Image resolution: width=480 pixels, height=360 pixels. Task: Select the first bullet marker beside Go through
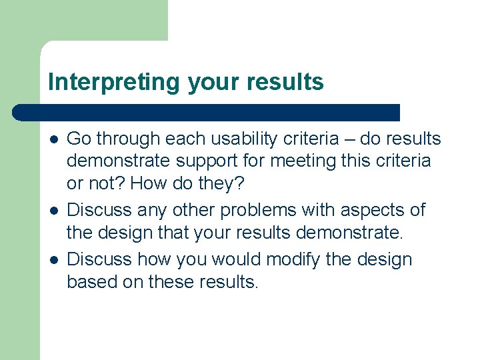tap(53, 139)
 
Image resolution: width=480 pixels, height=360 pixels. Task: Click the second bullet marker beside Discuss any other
tap(53, 211)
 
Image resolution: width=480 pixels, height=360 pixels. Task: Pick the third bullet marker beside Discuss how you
tap(53, 259)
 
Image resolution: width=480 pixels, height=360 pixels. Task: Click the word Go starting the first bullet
tap(79, 139)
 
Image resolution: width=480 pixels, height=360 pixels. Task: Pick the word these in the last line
tap(172, 282)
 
